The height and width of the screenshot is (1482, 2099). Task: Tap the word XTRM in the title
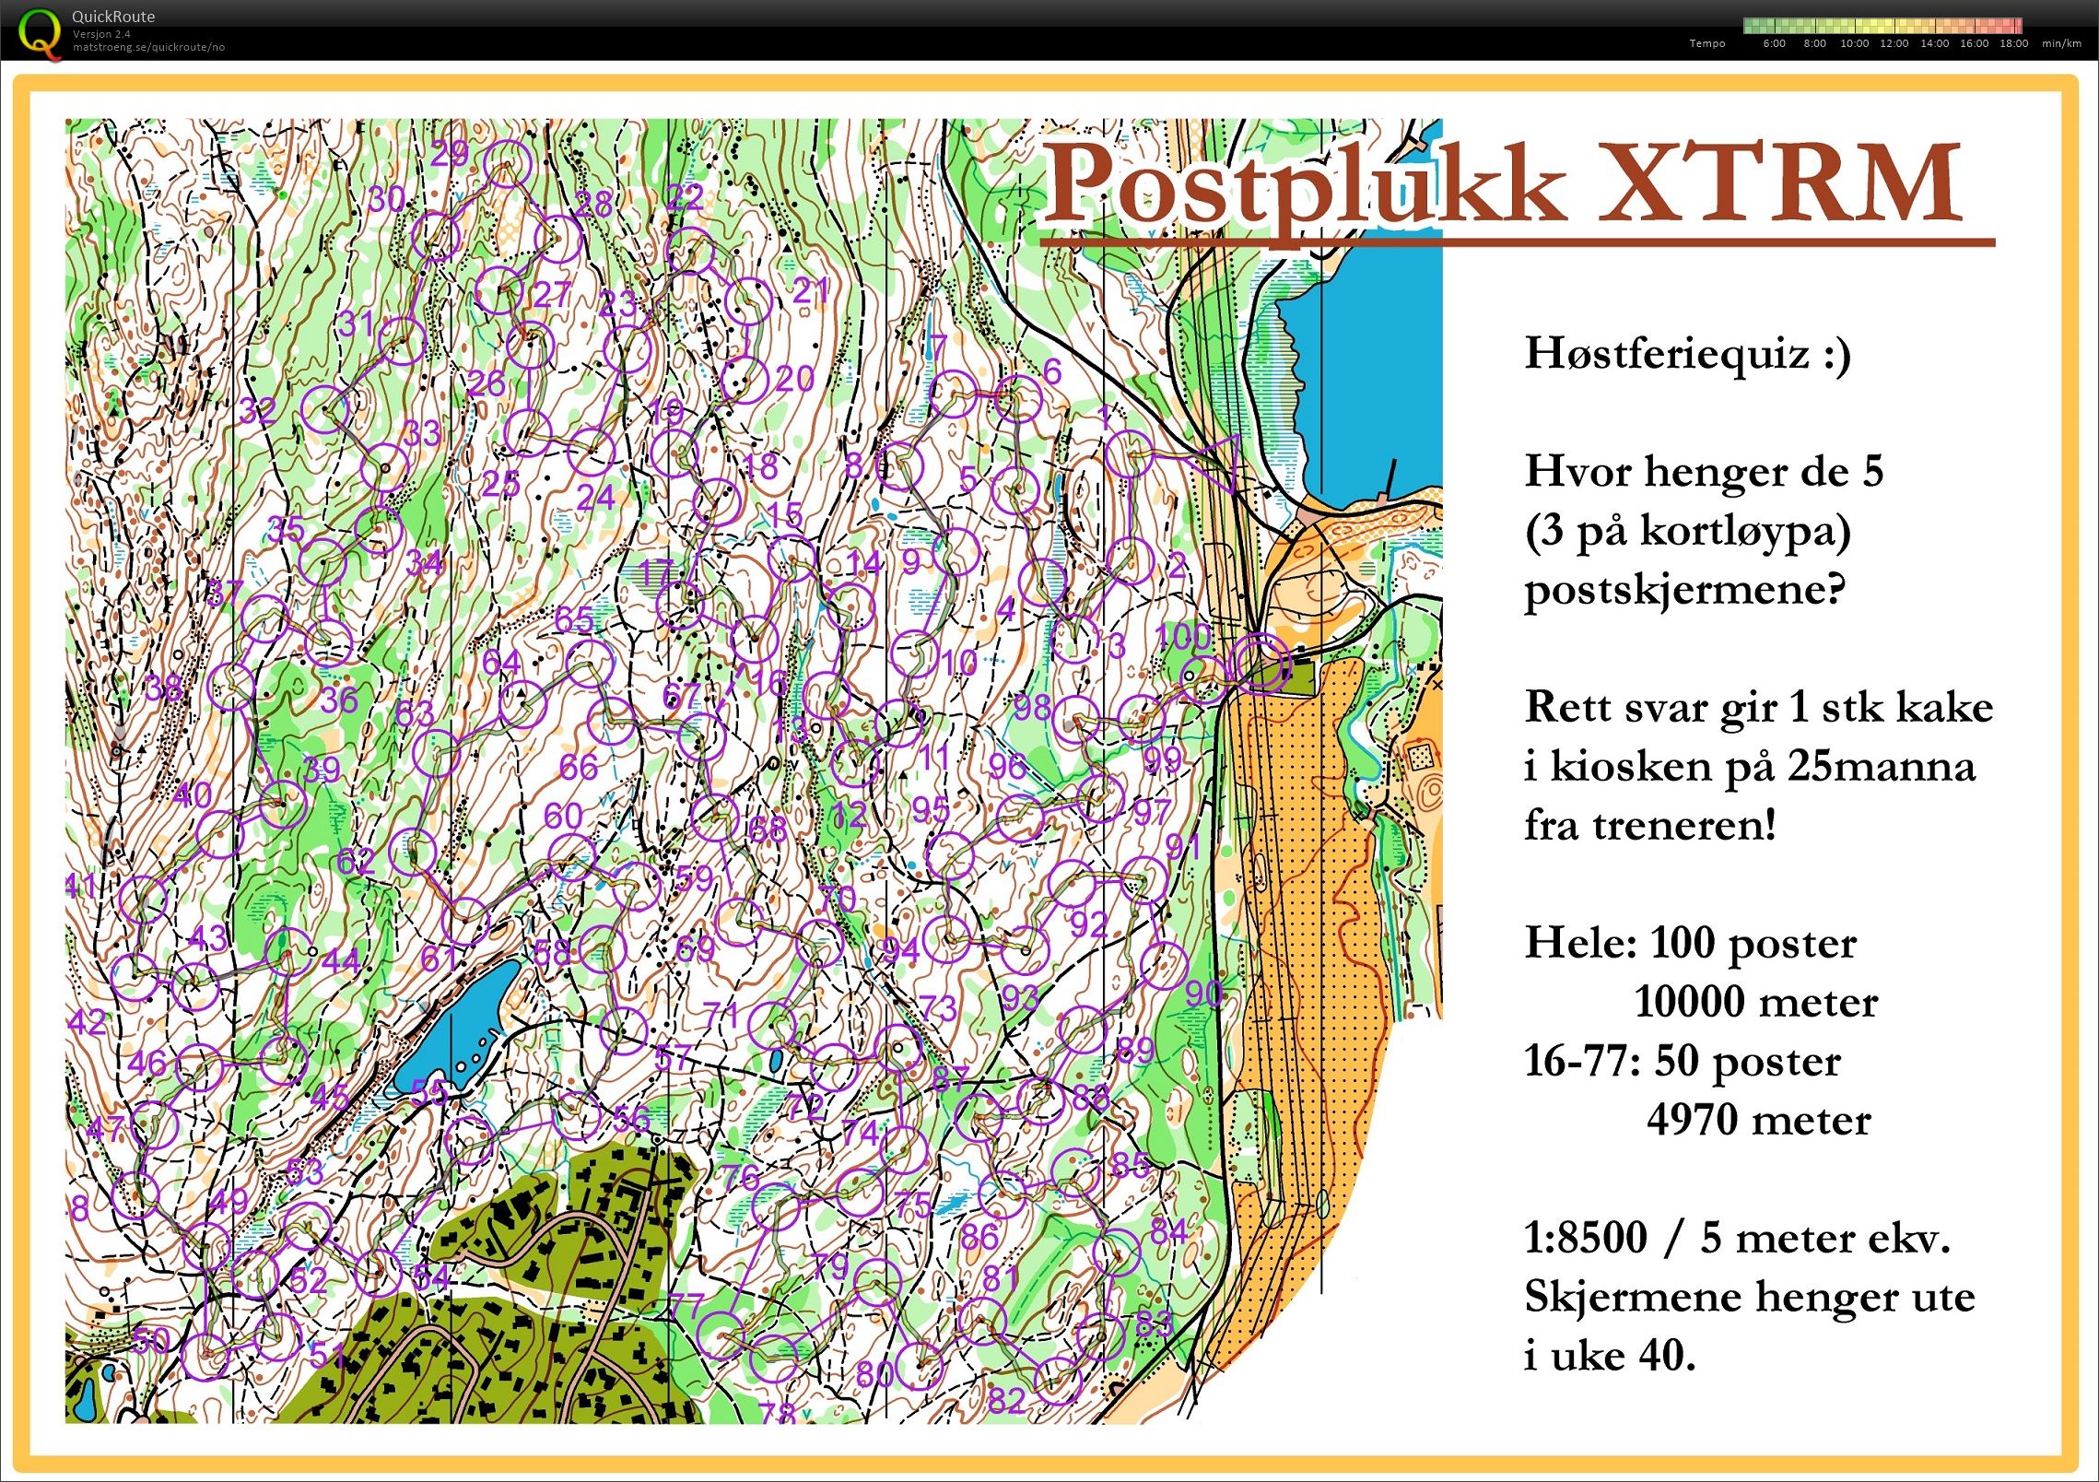[x=1778, y=184]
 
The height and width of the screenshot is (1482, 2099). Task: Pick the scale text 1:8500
[x=1585, y=1238]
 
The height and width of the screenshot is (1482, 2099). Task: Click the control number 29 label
[x=449, y=154]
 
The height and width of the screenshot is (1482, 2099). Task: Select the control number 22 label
[x=685, y=196]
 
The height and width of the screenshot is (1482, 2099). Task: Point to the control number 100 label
[x=1183, y=636]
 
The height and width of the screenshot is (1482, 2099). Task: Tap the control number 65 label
[x=574, y=619]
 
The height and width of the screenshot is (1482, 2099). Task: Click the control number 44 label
[x=340, y=959]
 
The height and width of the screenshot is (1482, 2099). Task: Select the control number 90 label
[x=1203, y=993]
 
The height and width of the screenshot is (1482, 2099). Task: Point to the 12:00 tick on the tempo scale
[x=1894, y=43]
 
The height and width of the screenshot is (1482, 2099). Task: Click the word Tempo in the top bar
[x=1706, y=43]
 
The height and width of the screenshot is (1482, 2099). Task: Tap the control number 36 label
[x=338, y=700]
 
